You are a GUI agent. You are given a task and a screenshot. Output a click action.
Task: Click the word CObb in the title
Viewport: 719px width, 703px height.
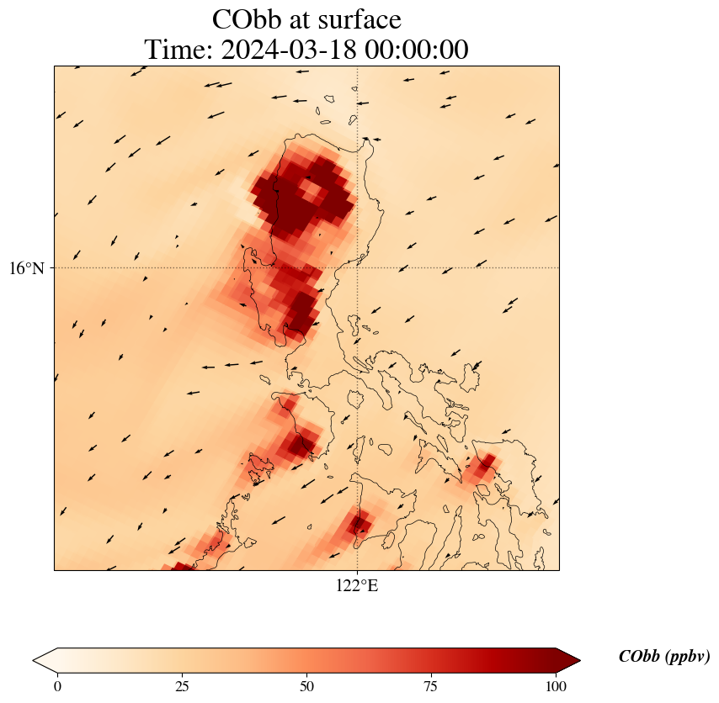click(x=248, y=19)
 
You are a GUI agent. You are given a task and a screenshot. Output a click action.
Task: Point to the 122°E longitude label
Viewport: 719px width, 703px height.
click(x=357, y=585)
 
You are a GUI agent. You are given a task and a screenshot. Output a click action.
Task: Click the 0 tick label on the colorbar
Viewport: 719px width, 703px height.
click(x=57, y=686)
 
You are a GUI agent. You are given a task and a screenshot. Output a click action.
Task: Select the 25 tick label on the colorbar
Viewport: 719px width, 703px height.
click(x=182, y=686)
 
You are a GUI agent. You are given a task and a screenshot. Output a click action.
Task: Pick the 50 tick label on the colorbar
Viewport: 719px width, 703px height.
click(x=306, y=686)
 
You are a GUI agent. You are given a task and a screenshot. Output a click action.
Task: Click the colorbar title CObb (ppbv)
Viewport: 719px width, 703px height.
click(x=663, y=657)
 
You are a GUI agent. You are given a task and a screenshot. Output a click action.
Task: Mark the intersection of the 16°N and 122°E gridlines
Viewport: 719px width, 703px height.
click(x=358, y=268)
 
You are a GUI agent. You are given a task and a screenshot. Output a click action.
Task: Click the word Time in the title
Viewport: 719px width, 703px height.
click(x=178, y=50)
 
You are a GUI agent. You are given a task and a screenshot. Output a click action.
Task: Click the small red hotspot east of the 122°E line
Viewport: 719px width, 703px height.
click(x=482, y=468)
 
